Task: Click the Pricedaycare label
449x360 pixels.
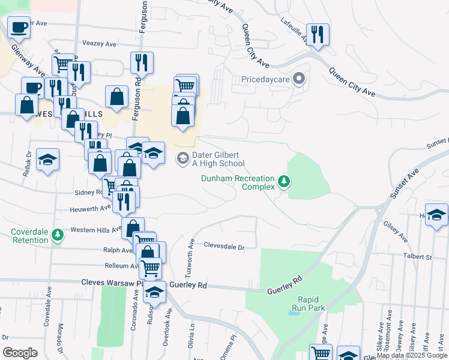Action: coord(266,79)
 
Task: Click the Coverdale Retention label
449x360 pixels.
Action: coord(29,236)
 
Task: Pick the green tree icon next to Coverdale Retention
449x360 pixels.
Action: coord(58,235)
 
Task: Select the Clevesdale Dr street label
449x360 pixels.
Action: coord(225,247)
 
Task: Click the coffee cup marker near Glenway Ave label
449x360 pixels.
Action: coord(19,28)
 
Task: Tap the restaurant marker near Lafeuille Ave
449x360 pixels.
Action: coord(317,34)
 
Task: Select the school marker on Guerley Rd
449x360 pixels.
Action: coord(155,292)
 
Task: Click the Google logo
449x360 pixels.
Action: coord(20,353)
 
